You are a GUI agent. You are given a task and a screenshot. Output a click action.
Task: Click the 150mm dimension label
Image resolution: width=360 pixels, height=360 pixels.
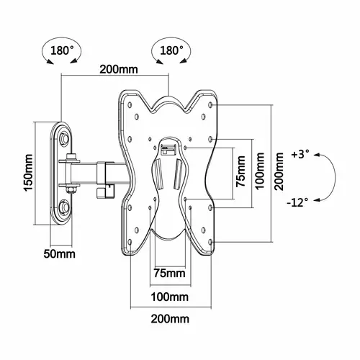click(x=29, y=172)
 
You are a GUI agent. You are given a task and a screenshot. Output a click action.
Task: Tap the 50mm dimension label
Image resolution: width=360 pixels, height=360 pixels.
click(x=59, y=254)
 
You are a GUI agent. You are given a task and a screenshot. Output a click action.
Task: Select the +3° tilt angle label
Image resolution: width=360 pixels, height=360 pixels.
click(x=300, y=154)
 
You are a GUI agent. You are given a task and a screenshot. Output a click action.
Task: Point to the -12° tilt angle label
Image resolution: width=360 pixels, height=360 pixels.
click(x=297, y=203)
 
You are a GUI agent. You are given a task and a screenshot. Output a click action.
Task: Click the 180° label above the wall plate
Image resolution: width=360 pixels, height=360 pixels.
click(x=62, y=50)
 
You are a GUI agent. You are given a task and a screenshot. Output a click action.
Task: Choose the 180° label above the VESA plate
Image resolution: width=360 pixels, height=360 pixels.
click(x=171, y=50)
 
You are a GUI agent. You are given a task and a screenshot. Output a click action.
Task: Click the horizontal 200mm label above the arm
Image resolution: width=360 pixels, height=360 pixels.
click(x=119, y=70)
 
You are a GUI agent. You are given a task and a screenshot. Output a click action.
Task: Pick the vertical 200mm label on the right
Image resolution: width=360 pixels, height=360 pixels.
click(x=279, y=171)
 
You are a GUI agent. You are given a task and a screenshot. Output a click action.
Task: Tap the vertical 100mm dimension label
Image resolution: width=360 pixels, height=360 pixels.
click(x=260, y=171)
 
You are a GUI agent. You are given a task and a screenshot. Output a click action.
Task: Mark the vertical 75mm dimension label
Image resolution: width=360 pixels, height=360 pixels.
click(x=240, y=171)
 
